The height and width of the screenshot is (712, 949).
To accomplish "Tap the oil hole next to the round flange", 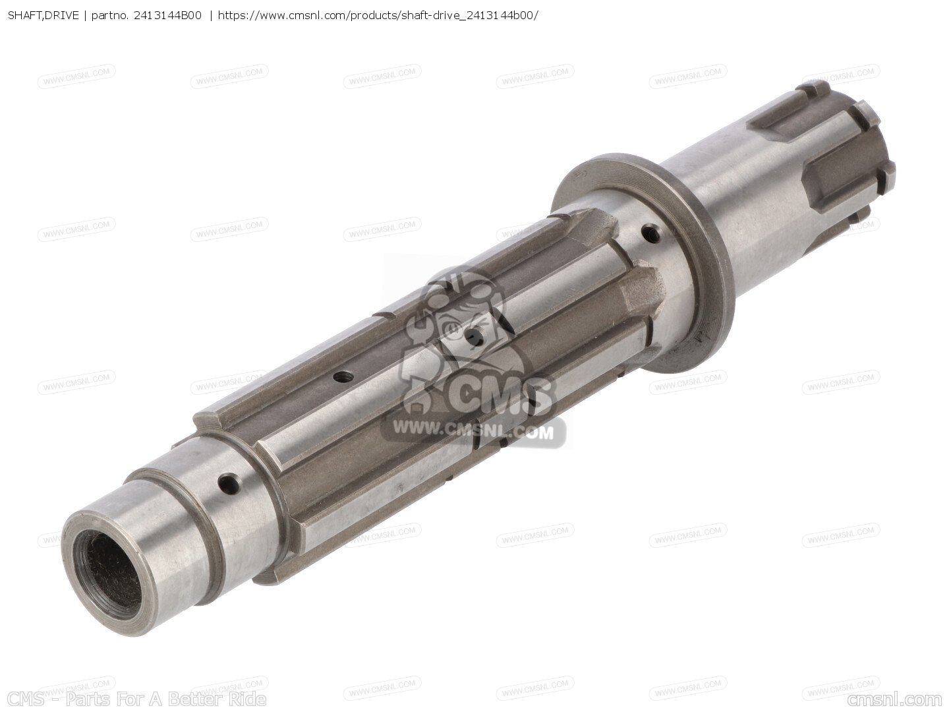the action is [651, 234].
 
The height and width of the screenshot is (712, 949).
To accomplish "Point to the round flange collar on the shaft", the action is [642, 266].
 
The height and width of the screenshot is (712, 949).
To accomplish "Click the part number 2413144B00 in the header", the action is [168, 16].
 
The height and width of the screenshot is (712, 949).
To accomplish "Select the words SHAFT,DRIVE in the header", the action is [43, 16].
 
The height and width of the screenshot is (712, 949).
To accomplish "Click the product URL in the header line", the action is [378, 16].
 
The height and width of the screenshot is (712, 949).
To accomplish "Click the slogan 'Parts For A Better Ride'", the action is [165, 699].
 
